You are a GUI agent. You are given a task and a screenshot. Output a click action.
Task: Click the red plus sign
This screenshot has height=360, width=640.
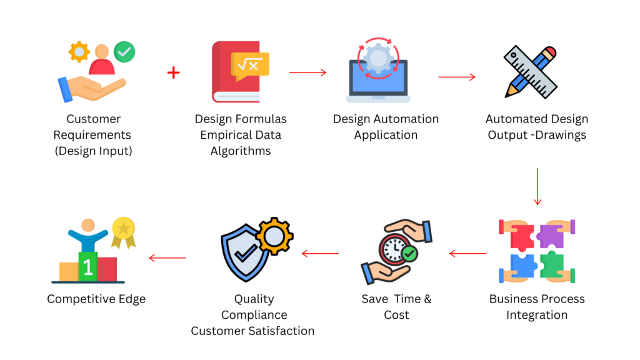[173, 73]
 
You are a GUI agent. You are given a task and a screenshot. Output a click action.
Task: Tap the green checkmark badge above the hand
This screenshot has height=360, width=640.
[124, 52]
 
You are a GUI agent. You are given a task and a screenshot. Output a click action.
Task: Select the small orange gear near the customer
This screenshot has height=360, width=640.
[79, 51]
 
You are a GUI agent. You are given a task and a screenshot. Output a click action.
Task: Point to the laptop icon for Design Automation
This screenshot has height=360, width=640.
[378, 78]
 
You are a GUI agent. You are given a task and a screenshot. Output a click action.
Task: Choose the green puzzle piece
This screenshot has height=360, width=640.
[551, 266]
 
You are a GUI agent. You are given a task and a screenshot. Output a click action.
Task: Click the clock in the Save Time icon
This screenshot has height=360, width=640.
[394, 248]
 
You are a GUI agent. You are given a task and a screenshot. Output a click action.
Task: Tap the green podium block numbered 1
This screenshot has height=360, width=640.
[88, 267]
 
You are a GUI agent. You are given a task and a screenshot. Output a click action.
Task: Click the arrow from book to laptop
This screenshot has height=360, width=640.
[307, 72]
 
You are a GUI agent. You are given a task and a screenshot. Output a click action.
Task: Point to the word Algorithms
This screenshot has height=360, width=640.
[240, 151]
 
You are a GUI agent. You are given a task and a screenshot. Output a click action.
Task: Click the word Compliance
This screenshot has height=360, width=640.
[254, 315]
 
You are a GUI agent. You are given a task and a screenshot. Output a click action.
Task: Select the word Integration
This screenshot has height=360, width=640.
[537, 314]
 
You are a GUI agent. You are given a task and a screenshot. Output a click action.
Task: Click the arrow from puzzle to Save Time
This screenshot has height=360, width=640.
[467, 254]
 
